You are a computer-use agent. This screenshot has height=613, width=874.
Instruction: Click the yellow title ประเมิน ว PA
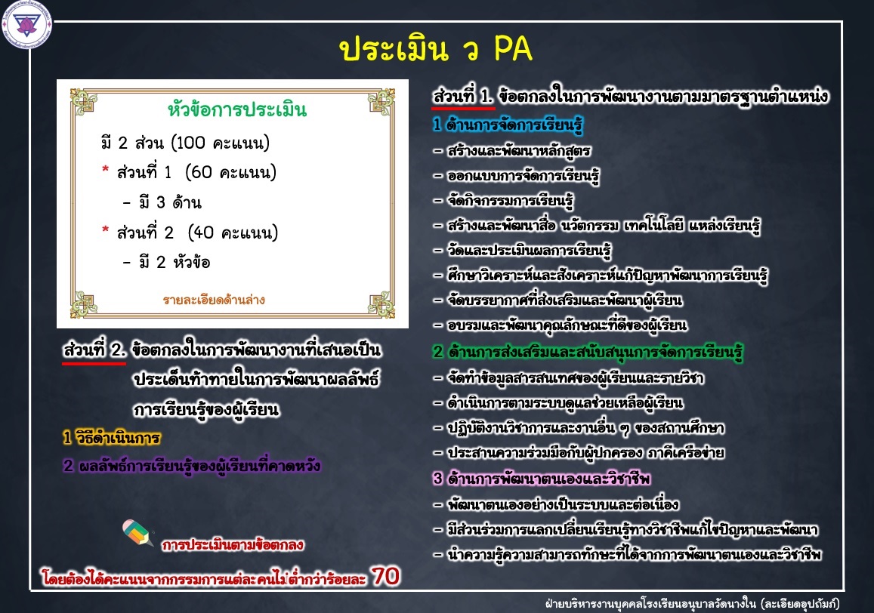[x=435, y=48]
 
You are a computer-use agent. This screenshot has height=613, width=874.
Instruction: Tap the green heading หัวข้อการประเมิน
[x=237, y=109]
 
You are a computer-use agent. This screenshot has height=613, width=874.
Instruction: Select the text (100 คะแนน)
[x=221, y=143]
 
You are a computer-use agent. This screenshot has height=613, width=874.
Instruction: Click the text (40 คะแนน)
[x=233, y=232]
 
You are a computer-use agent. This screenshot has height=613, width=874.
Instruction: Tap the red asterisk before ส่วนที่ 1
[x=105, y=169]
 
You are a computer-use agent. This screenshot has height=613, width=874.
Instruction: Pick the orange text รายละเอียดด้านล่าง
[x=214, y=300]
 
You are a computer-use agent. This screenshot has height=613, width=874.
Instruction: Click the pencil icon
[x=137, y=532]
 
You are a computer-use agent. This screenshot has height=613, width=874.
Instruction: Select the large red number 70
[x=386, y=576]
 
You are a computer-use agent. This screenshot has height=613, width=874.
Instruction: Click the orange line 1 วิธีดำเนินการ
[x=112, y=437]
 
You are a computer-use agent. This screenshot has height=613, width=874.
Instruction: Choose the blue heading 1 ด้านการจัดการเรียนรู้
[x=508, y=125]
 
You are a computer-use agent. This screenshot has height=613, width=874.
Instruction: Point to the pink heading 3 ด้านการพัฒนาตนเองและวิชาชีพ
[x=542, y=478]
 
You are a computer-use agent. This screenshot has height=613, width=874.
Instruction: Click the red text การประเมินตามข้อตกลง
[x=233, y=544]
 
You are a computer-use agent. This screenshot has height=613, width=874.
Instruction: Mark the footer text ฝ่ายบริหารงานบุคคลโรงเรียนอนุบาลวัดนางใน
[x=650, y=603]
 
